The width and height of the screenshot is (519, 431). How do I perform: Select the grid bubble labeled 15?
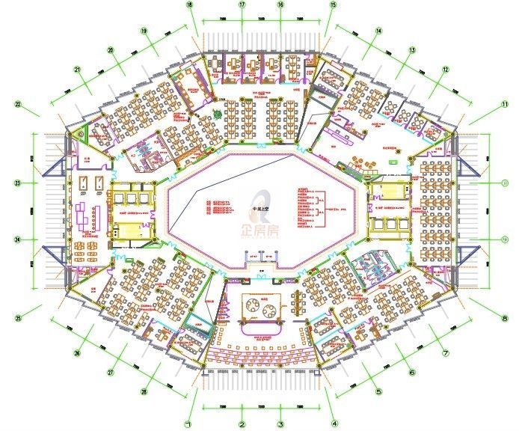(333, 4)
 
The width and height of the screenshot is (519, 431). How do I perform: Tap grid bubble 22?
(18, 104)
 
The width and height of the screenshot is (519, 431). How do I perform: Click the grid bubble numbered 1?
(190, 424)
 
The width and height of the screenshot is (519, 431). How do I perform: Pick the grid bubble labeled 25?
(18, 319)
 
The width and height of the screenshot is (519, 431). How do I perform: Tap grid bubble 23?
(17, 183)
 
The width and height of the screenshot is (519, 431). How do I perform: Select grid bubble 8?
(505, 320)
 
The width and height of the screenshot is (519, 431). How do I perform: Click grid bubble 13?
(411, 51)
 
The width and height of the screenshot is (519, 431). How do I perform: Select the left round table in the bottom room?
(253, 305)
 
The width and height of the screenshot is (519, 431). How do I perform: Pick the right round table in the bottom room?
(271, 305)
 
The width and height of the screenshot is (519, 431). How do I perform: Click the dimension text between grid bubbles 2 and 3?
(261, 407)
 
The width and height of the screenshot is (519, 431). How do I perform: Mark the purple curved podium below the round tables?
(261, 327)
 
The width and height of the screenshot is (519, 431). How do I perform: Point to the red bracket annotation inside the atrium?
(320, 208)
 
